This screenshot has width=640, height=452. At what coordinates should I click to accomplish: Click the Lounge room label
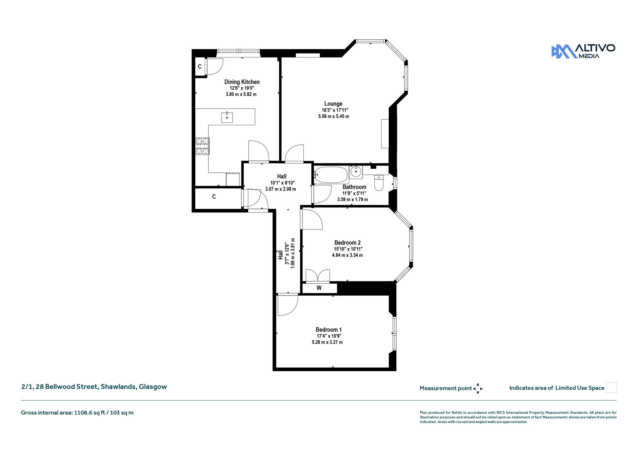click(333, 104)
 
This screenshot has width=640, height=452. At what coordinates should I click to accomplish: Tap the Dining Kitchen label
click(242, 82)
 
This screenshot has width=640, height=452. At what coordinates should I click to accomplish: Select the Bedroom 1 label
click(328, 330)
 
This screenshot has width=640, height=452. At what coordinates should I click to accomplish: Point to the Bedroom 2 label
click(347, 243)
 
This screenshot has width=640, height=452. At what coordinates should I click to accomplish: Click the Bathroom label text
click(354, 187)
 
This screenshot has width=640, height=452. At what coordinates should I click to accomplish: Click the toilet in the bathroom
click(379, 183)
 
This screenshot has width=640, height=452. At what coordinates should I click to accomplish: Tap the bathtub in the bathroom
click(331, 175)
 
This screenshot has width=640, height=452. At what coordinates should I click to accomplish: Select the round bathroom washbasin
click(356, 172)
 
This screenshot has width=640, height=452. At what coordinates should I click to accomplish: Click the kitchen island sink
click(227, 117)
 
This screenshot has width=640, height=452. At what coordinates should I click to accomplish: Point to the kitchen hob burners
click(202, 146)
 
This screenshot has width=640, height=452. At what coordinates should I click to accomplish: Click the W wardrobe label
click(319, 288)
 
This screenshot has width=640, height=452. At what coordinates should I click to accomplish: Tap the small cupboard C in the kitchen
click(200, 67)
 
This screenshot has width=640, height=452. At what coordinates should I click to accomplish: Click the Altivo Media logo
click(583, 51)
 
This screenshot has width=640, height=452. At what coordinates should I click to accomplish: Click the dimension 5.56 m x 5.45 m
click(333, 117)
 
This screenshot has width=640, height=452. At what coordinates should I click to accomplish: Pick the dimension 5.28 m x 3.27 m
click(327, 342)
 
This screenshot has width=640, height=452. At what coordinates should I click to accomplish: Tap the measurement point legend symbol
click(477, 389)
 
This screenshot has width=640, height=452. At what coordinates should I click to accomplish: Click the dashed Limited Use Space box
click(612, 388)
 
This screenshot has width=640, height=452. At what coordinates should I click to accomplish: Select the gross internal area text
click(77, 413)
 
